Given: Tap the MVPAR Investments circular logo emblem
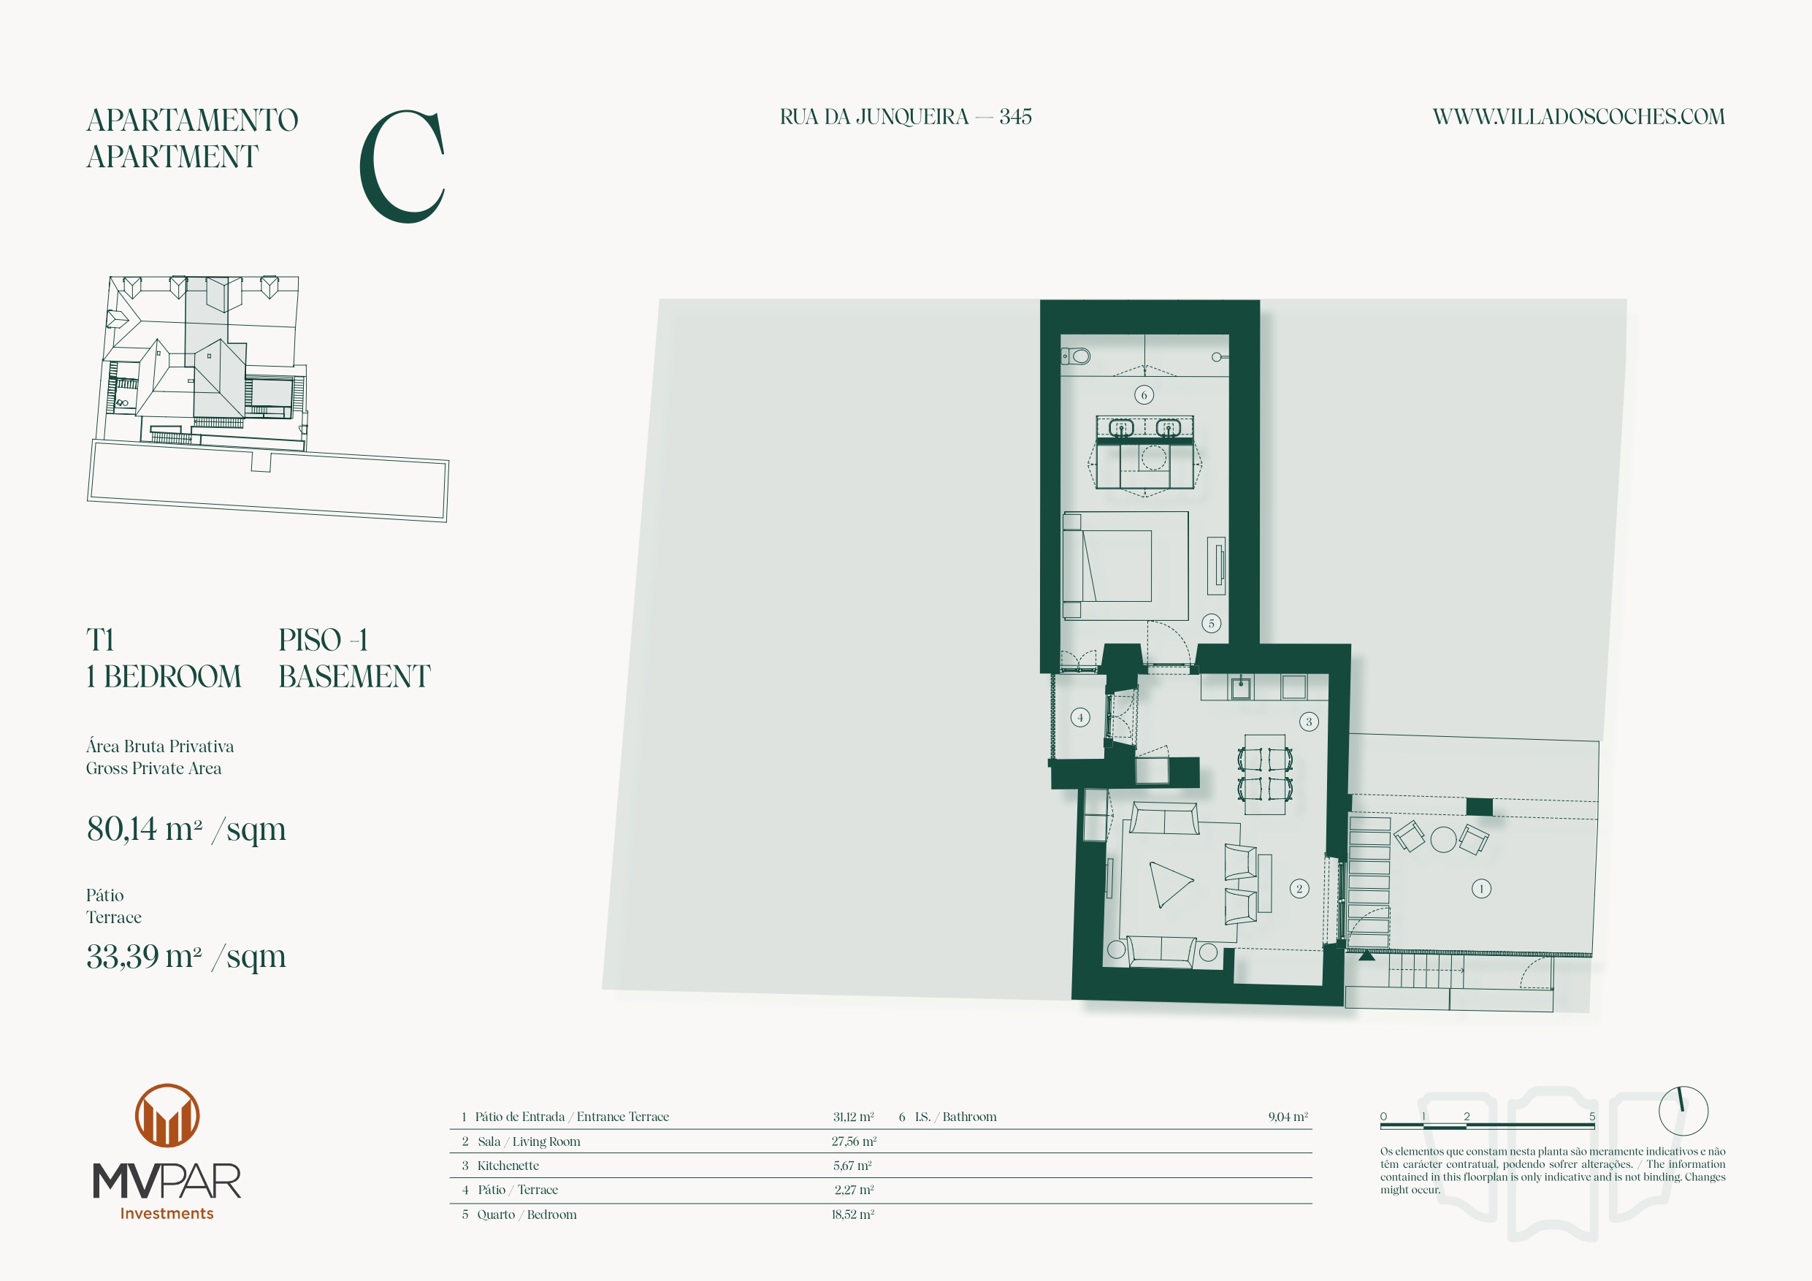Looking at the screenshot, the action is (x=167, y=1115).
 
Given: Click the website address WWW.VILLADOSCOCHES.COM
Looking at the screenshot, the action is (x=1578, y=117).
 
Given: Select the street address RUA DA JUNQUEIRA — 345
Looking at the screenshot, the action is (x=905, y=117).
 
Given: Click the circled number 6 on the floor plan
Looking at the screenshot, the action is (x=1144, y=394).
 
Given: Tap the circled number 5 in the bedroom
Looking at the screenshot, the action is (x=1212, y=623).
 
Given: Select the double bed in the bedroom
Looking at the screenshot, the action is (x=1125, y=565).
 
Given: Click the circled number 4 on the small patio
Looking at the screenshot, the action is (x=1080, y=716).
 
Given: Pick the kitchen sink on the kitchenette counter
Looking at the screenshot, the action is (x=1241, y=687).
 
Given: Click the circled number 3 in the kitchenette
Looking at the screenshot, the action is (x=1309, y=722).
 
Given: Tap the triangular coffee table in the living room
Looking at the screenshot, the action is (x=1169, y=883).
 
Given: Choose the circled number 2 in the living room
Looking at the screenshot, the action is (x=1299, y=889).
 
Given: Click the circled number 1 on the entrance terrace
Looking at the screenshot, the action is (x=1481, y=889).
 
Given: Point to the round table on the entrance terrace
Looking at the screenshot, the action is (x=1443, y=839).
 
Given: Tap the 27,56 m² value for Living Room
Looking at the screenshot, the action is (x=854, y=1142).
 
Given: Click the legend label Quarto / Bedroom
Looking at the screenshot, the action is (x=527, y=1215).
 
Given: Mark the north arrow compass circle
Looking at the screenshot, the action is (x=1683, y=1111).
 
